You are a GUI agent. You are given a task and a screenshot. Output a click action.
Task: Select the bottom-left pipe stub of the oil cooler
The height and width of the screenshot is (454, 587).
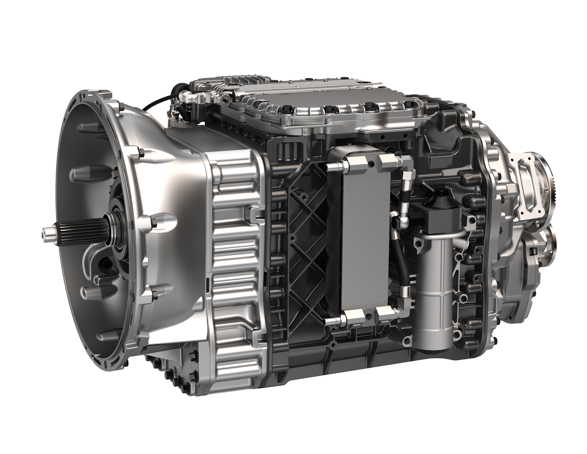click(x=332, y=321)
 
